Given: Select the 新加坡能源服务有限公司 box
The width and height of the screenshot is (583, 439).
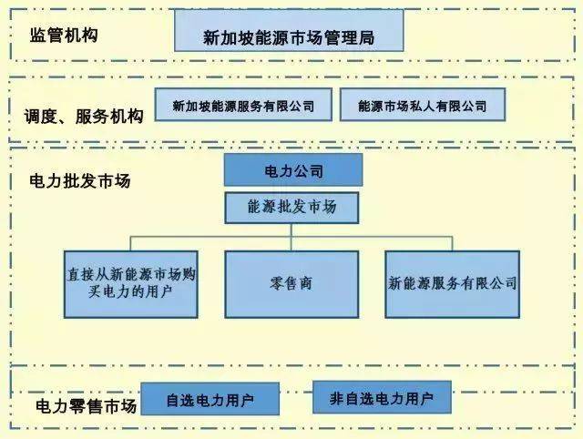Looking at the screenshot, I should point(243,106).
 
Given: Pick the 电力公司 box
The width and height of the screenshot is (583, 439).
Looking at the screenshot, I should point(292,170).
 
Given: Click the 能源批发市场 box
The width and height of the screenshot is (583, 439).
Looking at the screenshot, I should point(291,208).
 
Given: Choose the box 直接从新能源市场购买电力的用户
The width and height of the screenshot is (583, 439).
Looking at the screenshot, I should point(131,283).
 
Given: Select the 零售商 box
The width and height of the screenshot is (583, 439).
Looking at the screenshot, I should point(291,283).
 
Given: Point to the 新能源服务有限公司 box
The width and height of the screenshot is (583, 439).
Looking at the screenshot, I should point(453,283).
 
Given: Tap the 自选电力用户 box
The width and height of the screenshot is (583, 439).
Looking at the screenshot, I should point(210,400).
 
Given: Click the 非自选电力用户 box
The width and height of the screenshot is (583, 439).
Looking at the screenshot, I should point(382,398).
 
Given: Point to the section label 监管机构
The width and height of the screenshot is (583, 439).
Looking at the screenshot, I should point(63,36).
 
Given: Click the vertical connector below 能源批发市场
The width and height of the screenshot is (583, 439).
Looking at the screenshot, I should point(291,230).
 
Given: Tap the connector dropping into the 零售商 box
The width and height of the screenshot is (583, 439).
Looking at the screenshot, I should point(291,242).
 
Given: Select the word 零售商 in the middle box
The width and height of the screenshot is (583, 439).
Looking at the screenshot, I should point(292,283).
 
